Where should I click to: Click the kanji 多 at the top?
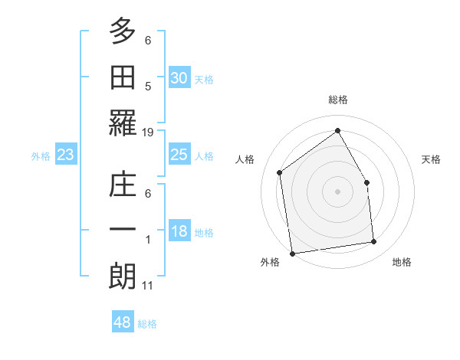click(122, 32)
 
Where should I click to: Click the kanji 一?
click(122, 230)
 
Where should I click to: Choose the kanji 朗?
click(122, 274)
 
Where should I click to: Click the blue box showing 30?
click(179, 77)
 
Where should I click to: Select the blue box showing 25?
click(179, 155)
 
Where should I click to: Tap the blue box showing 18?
click(179, 232)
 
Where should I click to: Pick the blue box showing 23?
click(65, 155)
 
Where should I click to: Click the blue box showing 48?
click(123, 322)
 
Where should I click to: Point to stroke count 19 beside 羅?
click(148, 133)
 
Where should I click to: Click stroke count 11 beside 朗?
click(148, 286)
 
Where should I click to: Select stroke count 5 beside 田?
click(148, 87)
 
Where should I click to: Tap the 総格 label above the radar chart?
click(337, 100)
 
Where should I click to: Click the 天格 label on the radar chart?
click(431, 159)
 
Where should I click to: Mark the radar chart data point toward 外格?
click(292, 253)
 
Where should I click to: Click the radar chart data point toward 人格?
click(279, 172)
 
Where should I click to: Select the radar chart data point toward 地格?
click(374, 242)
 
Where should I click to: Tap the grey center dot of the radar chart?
click(337, 191)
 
